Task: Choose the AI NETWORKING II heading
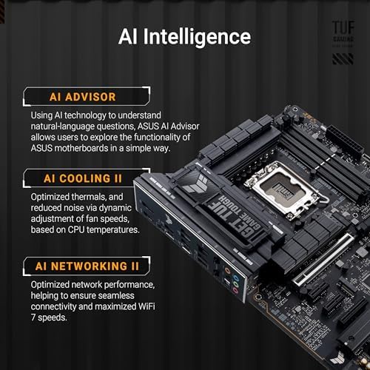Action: pos(87,265)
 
